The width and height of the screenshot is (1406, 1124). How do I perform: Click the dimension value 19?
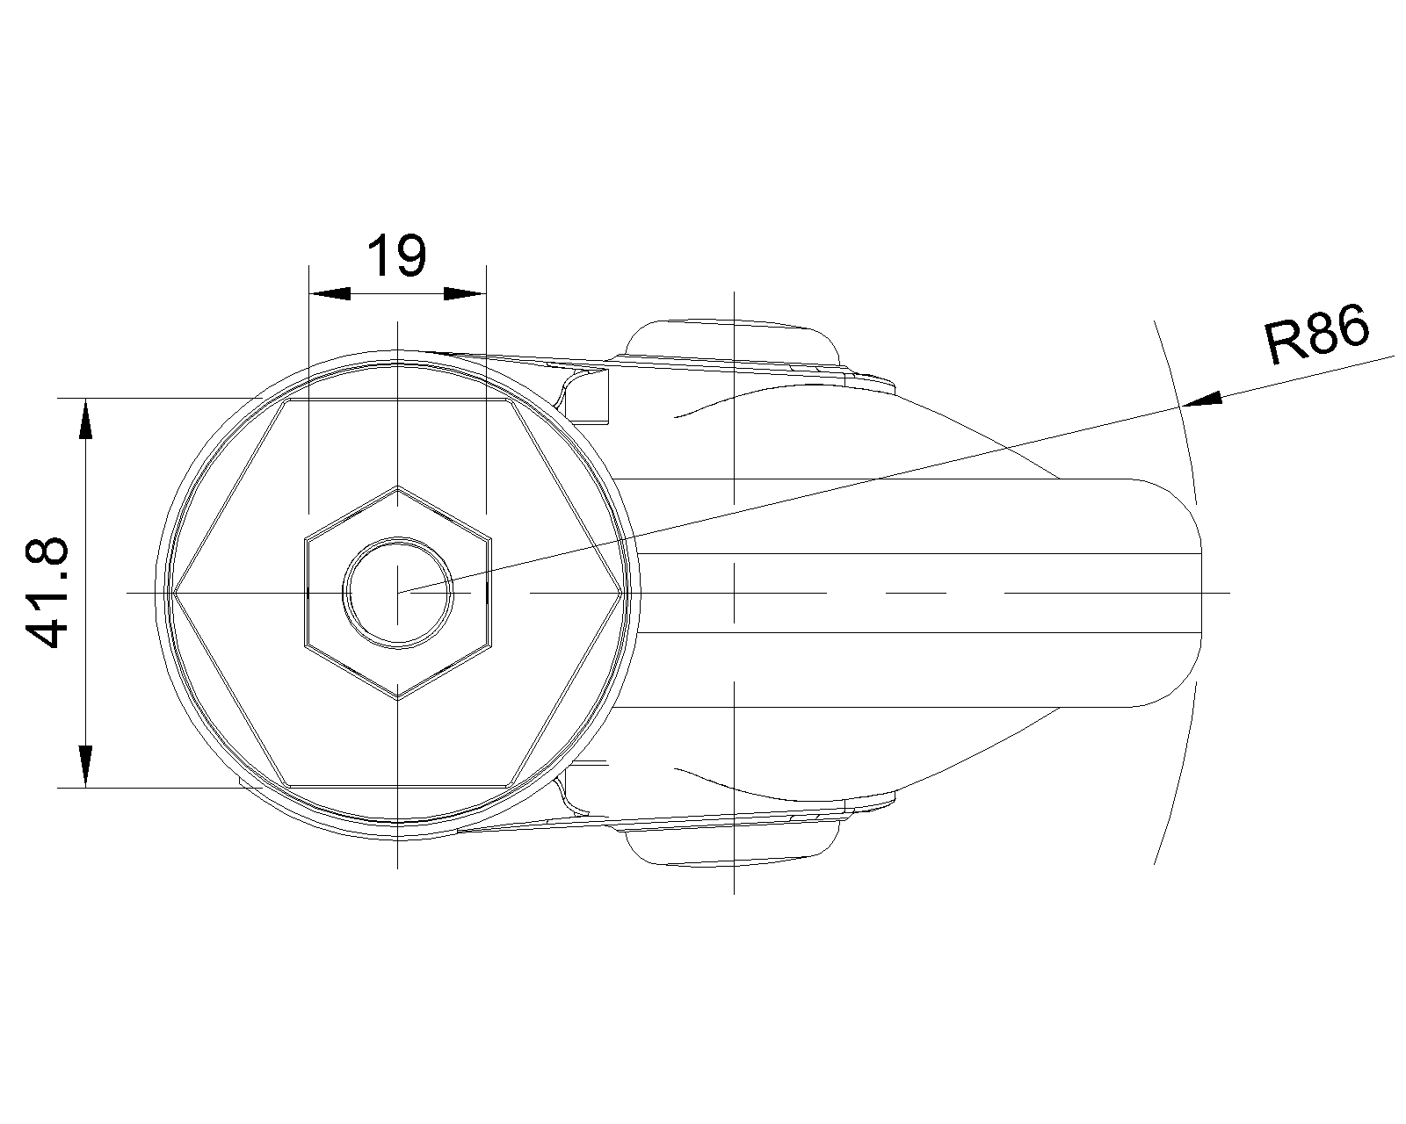point(396,256)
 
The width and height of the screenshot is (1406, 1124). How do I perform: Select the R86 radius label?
point(1316,335)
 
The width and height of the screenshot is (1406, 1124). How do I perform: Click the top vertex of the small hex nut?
point(398,486)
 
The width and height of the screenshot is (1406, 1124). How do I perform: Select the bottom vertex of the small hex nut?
point(398,698)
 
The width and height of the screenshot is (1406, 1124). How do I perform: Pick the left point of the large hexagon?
point(173,593)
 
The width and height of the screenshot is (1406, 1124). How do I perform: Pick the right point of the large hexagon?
point(624,593)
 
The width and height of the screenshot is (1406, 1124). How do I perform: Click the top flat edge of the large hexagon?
point(398,400)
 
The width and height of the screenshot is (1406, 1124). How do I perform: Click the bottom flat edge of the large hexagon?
point(398,785)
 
